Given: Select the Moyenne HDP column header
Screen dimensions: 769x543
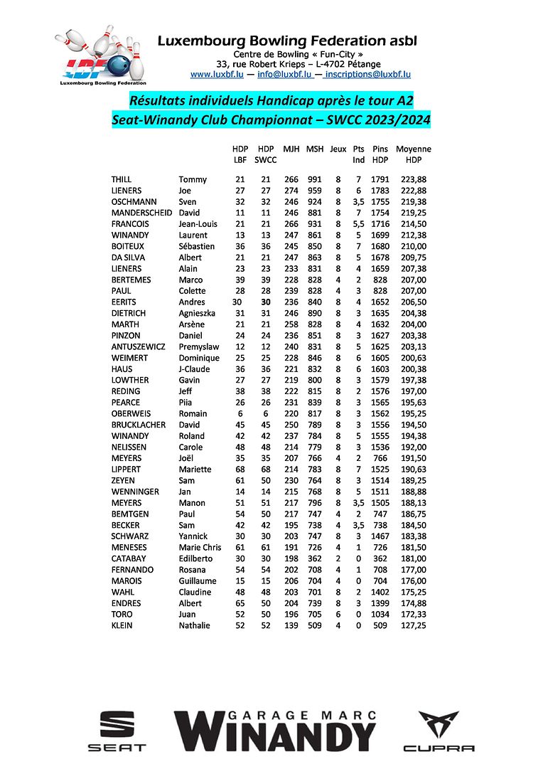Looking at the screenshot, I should pos(413,154).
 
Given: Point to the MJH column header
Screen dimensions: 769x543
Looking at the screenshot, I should pos(291,149).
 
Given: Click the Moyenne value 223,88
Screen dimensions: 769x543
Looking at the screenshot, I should pos(413,179).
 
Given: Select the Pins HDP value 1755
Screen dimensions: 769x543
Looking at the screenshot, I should pos(381,201).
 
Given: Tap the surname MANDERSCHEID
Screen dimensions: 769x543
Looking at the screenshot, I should pos(141,213).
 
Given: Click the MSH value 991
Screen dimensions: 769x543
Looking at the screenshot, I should pos(314,179).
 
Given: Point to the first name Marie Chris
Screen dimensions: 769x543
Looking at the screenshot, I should pos(200,547).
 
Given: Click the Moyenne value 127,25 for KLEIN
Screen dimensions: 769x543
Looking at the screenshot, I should pos(413,625).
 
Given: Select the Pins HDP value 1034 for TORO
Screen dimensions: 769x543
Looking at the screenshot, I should pos(381,614).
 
